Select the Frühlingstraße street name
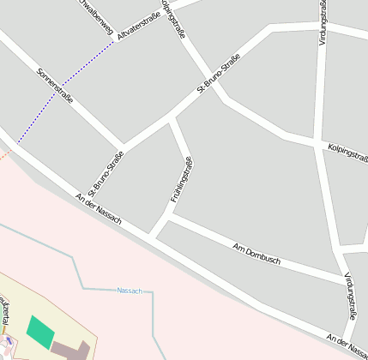(x=181, y=179)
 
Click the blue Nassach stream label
(x=129, y=291)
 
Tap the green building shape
(x=39, y=331)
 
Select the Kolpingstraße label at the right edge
(x=347, y=153)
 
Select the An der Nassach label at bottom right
(x=347, y=344)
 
